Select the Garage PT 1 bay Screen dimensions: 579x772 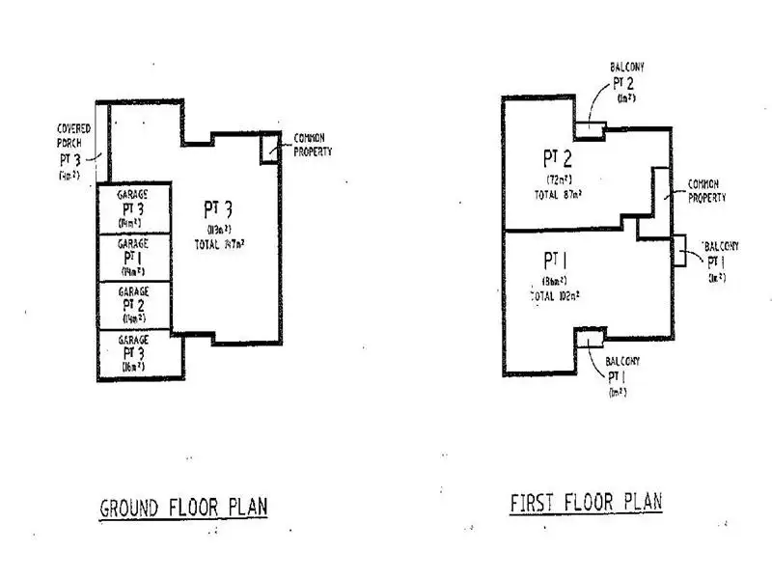tap(133, 257)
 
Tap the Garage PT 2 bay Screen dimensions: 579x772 tap(133, 305)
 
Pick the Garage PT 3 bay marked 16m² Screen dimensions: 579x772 tap(133, 354)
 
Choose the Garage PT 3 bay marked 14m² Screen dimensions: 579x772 tap(133, 207)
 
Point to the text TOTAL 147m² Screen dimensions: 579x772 tap(218, 243)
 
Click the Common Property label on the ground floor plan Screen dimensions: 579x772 tap(313, 145)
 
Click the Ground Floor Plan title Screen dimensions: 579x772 tap(183, 507)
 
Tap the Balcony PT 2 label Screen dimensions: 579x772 tap(626, 82)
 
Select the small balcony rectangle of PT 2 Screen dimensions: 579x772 tap(590, 129)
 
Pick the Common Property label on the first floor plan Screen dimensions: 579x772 tap(706, 190)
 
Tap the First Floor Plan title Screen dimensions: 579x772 tap(586, 503)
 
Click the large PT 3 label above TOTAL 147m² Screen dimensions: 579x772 tap(217, 209)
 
